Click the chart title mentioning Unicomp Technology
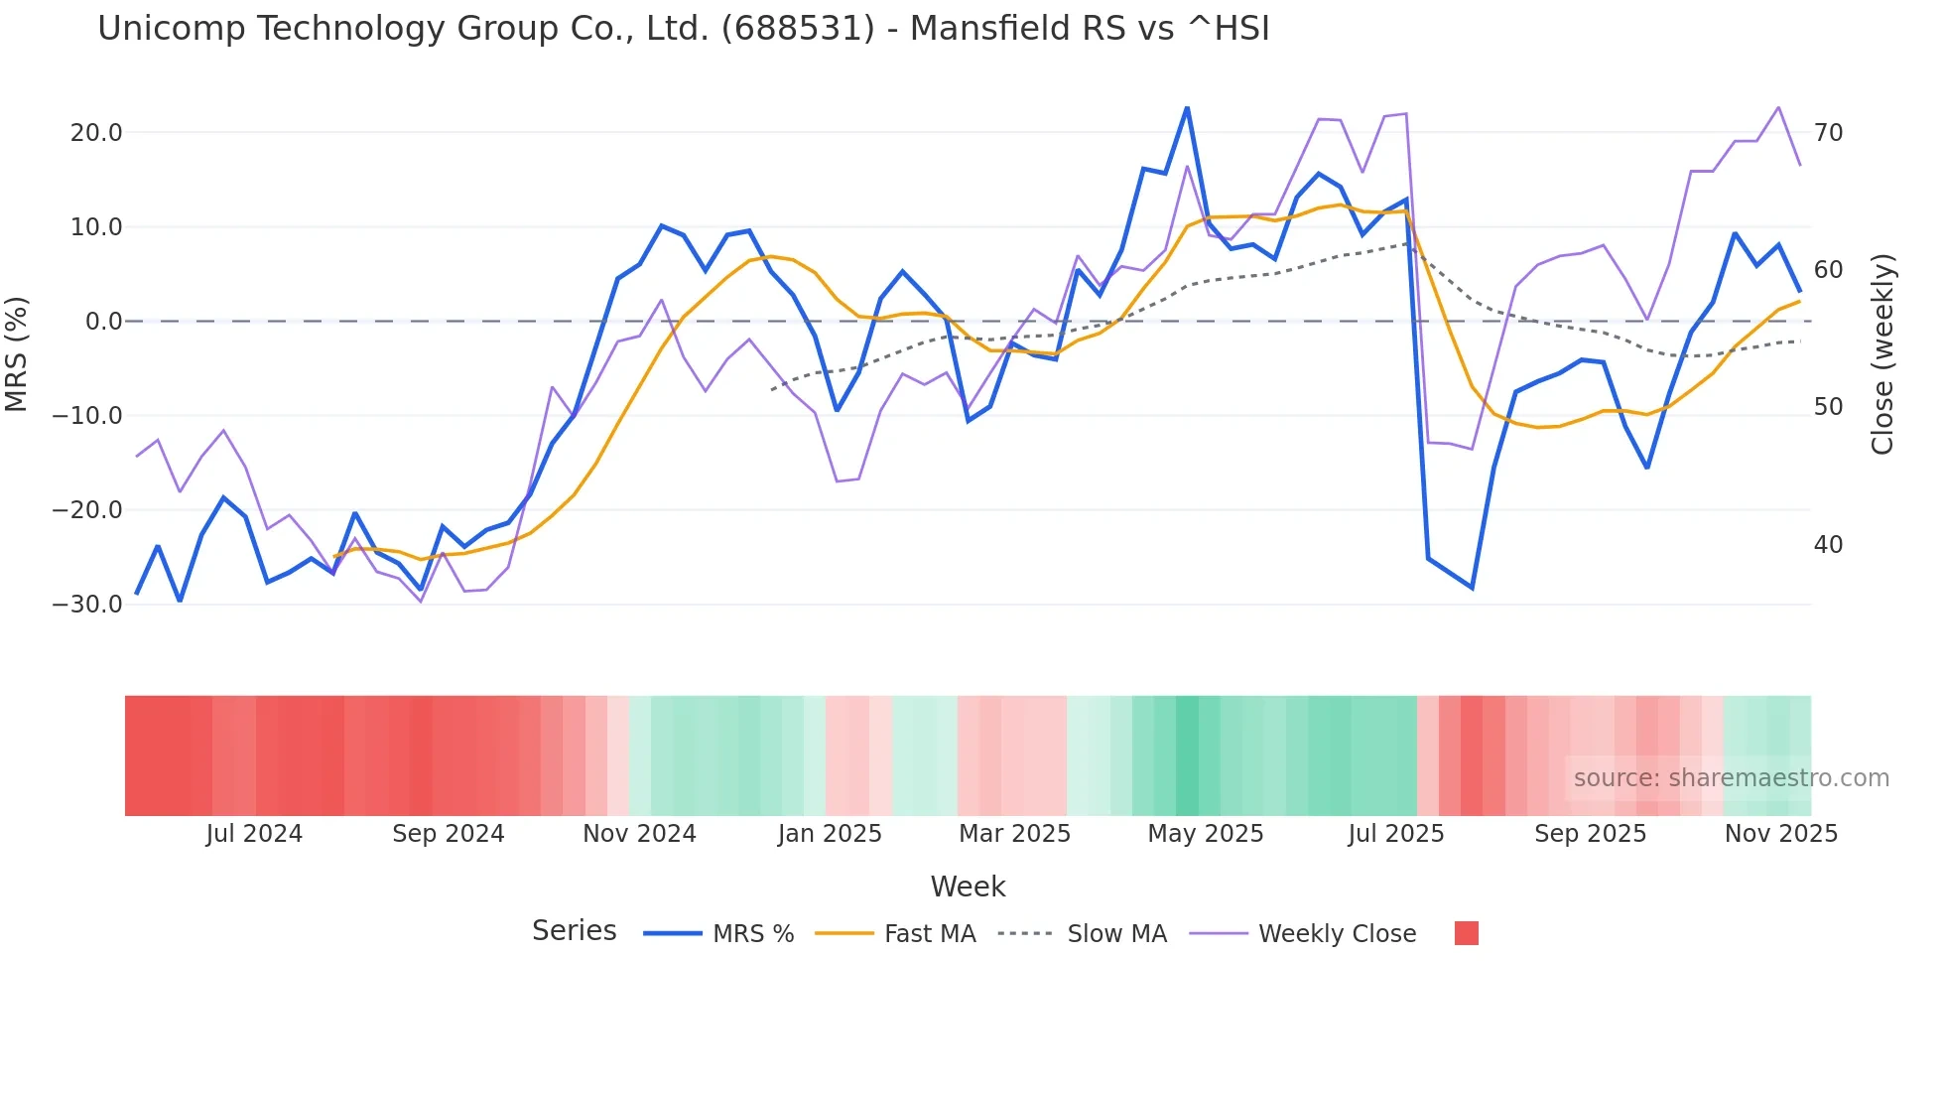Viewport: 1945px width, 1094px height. click(683, 29)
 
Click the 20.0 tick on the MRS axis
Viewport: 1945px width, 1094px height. click(96, 133)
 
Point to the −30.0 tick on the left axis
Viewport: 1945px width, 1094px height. click(87, 605)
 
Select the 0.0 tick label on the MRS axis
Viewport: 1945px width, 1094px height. click(103, 322)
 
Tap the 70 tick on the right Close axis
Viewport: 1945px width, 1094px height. click(1828, 133)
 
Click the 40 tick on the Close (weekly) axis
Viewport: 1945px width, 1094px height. click(1828, 545)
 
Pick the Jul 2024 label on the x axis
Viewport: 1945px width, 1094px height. click(254, 834)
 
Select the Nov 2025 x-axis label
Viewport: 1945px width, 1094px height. click(1780, 834)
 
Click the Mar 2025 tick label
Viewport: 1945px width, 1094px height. click(1014, 834)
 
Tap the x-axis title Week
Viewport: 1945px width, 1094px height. click(968, 887)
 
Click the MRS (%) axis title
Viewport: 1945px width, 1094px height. click(17, 354)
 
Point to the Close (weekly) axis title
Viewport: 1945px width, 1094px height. click(1882, 354)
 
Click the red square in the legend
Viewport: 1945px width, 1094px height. click(1466, 933)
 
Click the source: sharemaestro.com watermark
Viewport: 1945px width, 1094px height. click(1731, 778)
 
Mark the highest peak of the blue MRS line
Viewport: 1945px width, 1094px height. click(1187, 107)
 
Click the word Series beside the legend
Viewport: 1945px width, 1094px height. click(574, 931)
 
